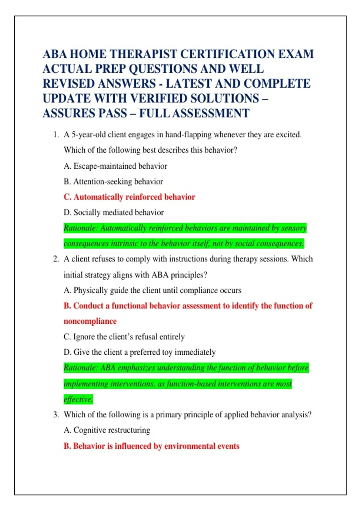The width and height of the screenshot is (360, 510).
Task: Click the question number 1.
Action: pyautogui.click(x=55, y=135)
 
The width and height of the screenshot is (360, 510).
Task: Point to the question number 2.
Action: pyautogui.click(x=56, y=259)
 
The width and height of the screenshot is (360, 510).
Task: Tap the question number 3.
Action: pyautogui.click(x=56, y=415)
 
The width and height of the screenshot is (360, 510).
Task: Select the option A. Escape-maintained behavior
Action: pyautogui.click(x=115, y=166)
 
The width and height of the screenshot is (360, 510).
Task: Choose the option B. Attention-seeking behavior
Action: pyautogui.click(x=113, y=181)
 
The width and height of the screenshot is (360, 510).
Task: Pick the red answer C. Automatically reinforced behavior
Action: pyautogui.click(x=129, y=197)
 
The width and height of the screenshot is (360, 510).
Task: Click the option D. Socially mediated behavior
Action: pyautogui.click(x=114, y=212)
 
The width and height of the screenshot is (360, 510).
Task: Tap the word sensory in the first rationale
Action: pyautogui.click(x=294, y=228)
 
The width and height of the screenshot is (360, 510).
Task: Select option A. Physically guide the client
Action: pyautogui.click(x=152, y=290)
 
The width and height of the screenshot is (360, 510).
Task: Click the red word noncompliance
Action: pyautogui.click(x=90, y=321)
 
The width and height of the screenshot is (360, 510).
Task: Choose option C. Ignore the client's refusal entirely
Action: pyautogui.click(x=124, y=337)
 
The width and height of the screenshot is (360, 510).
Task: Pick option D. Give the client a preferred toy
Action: pyautogui.click(x=139, y=352)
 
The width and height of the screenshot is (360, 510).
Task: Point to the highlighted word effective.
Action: pyautogui.click(x=78, y=399)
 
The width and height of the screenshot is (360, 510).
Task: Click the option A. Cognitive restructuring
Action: pyautogui.click(x=107, y=430)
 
